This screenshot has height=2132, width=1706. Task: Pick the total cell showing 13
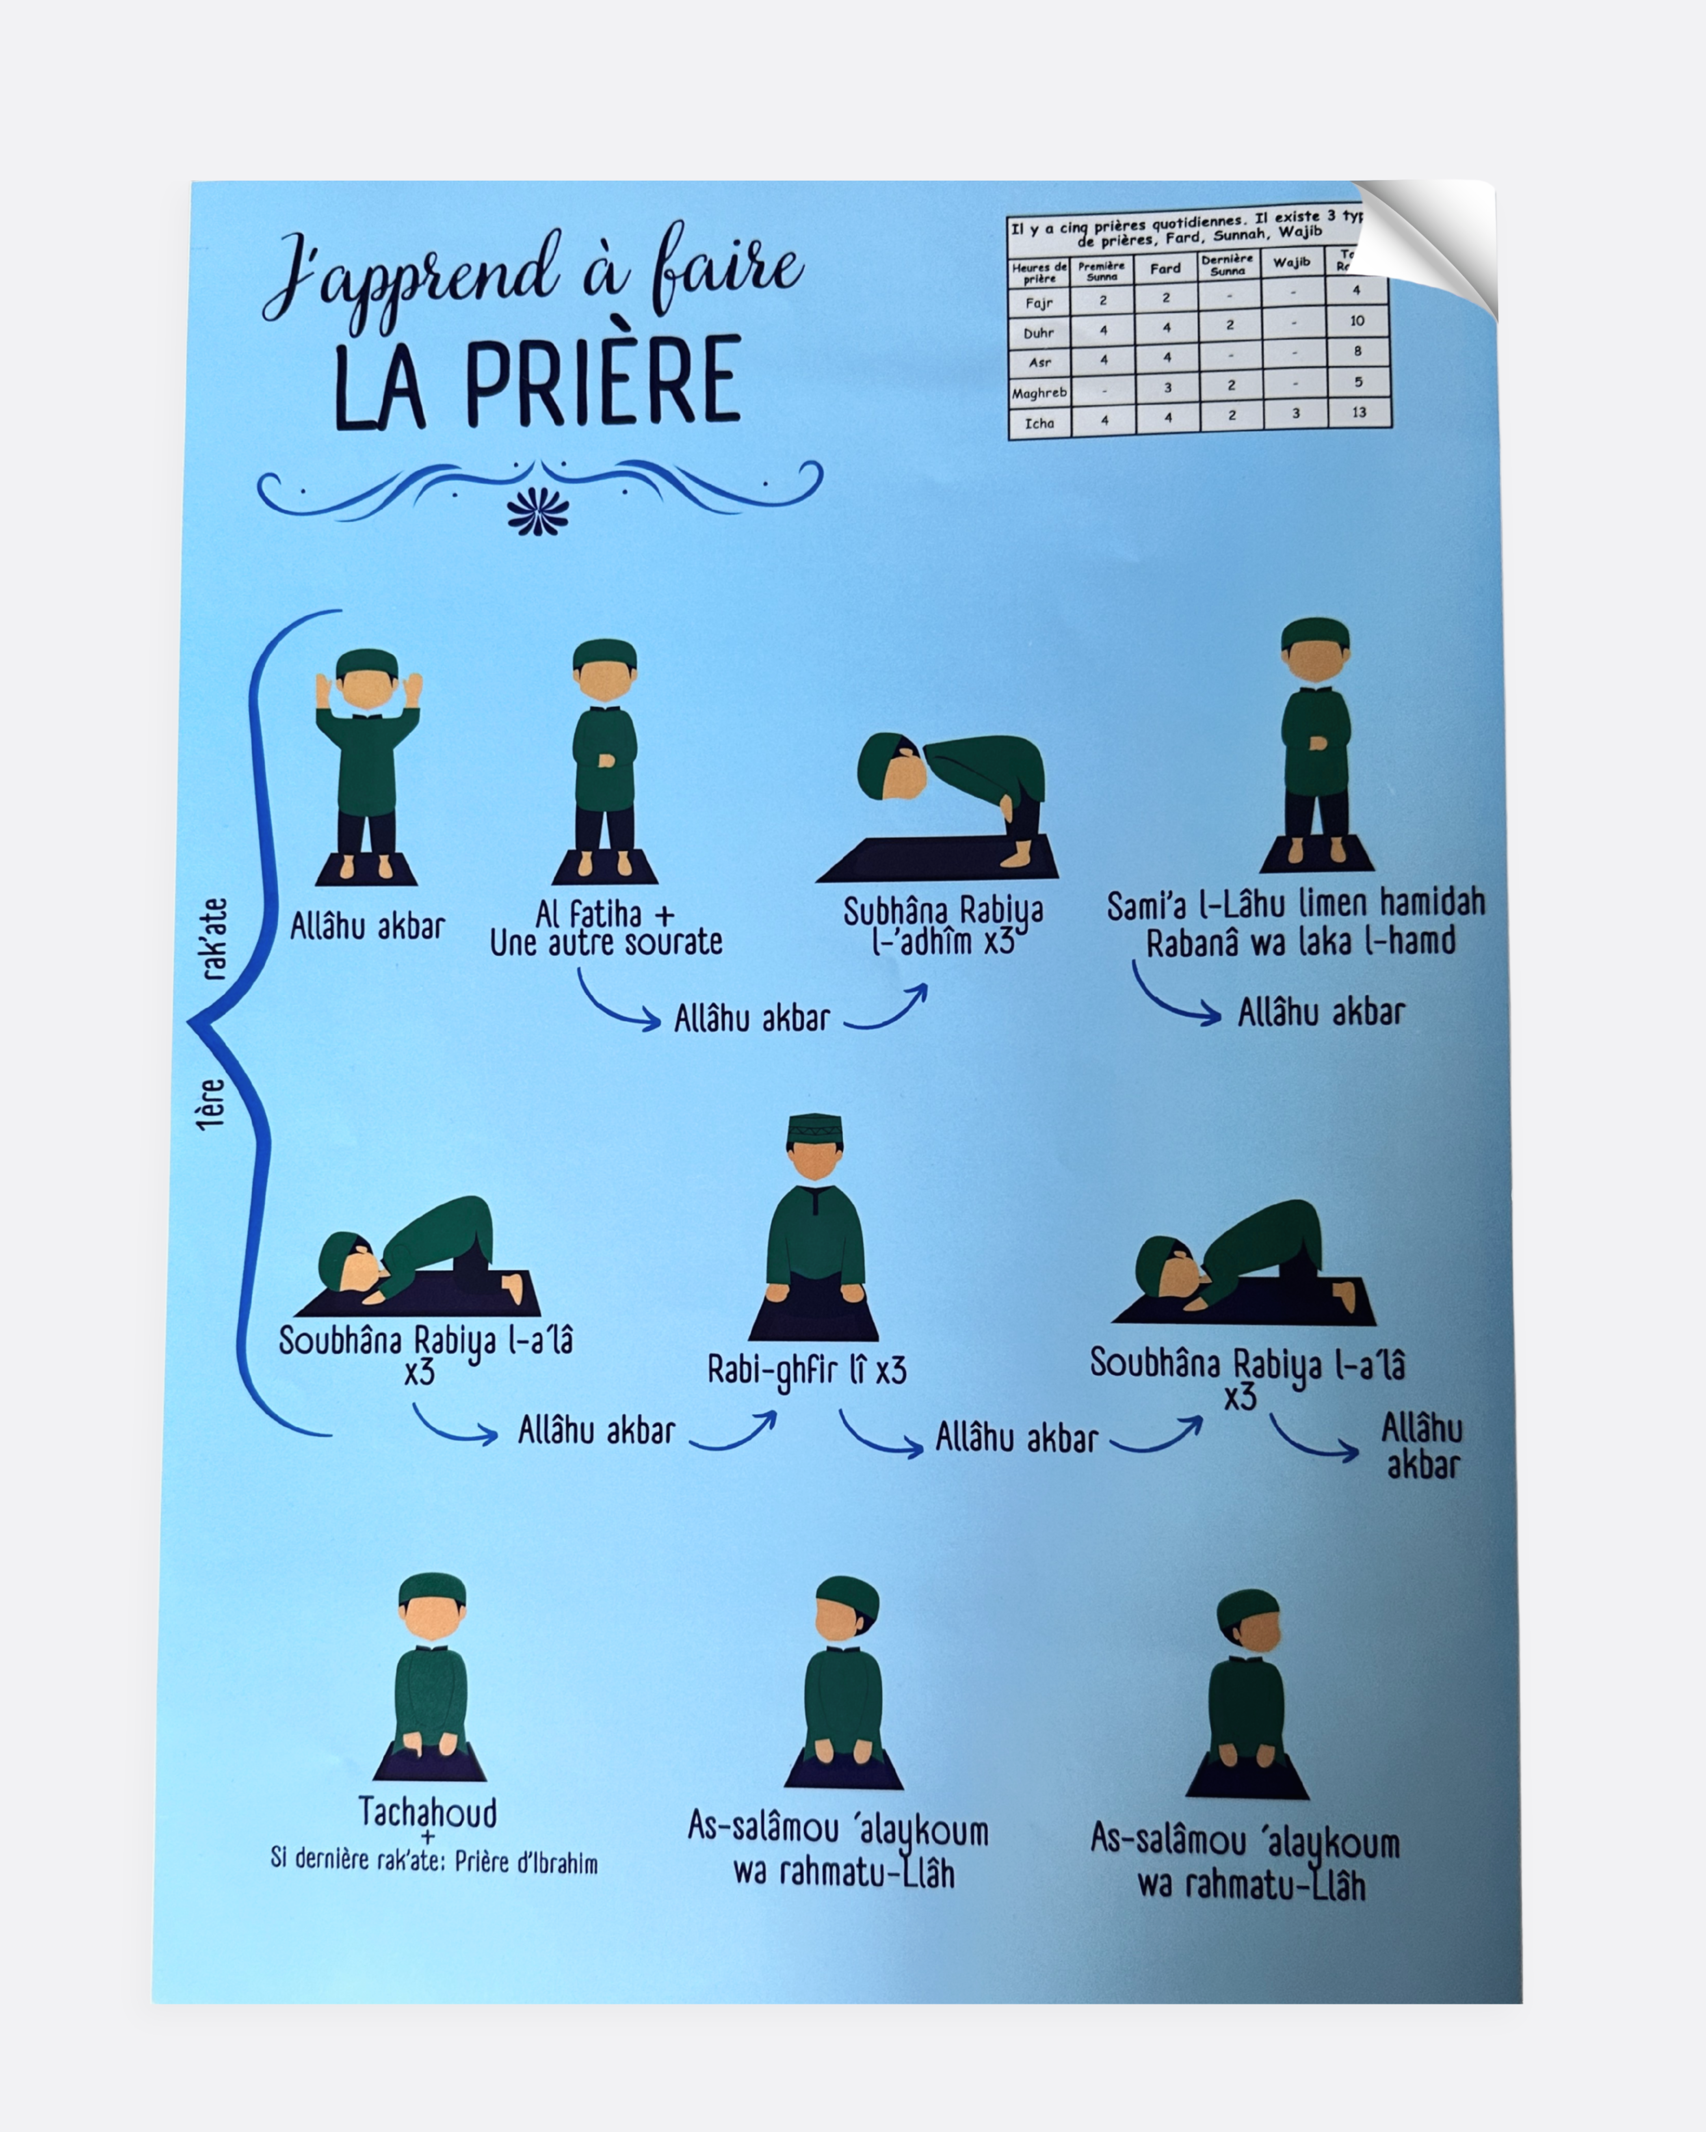pos(1359,412)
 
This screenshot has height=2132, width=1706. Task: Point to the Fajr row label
pos(1039,303)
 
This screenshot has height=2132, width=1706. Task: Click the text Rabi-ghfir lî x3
pos(806,1370)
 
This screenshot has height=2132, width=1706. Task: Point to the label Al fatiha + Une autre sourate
pos(605,928)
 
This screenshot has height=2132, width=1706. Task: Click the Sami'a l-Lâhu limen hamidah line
pos(1296,903)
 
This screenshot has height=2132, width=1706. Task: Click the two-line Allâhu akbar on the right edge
pos(1421,1446)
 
